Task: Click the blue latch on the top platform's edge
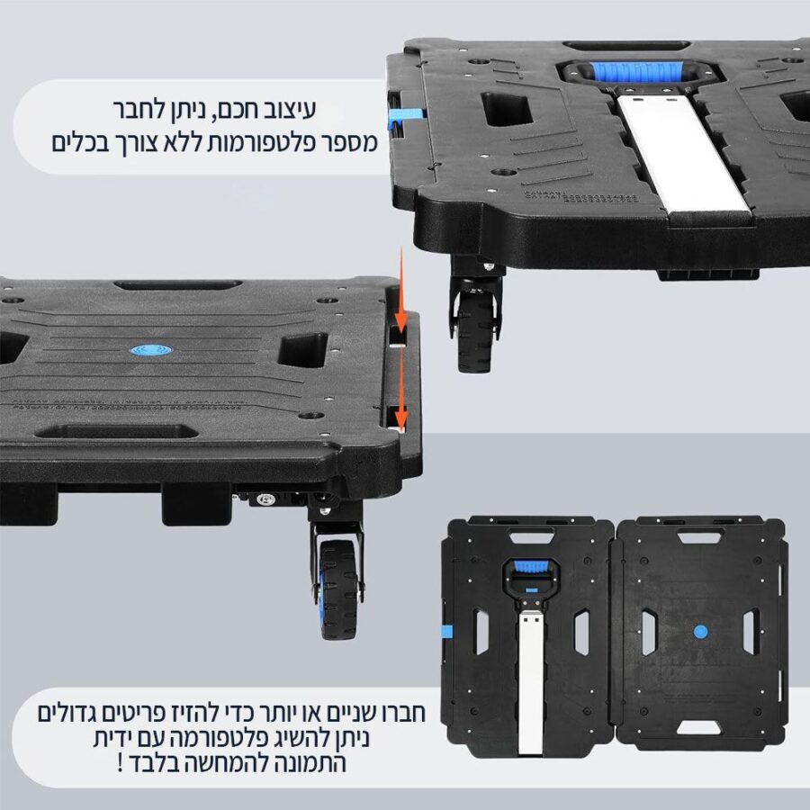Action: [405, 114]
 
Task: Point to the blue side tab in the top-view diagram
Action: [445, 631]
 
